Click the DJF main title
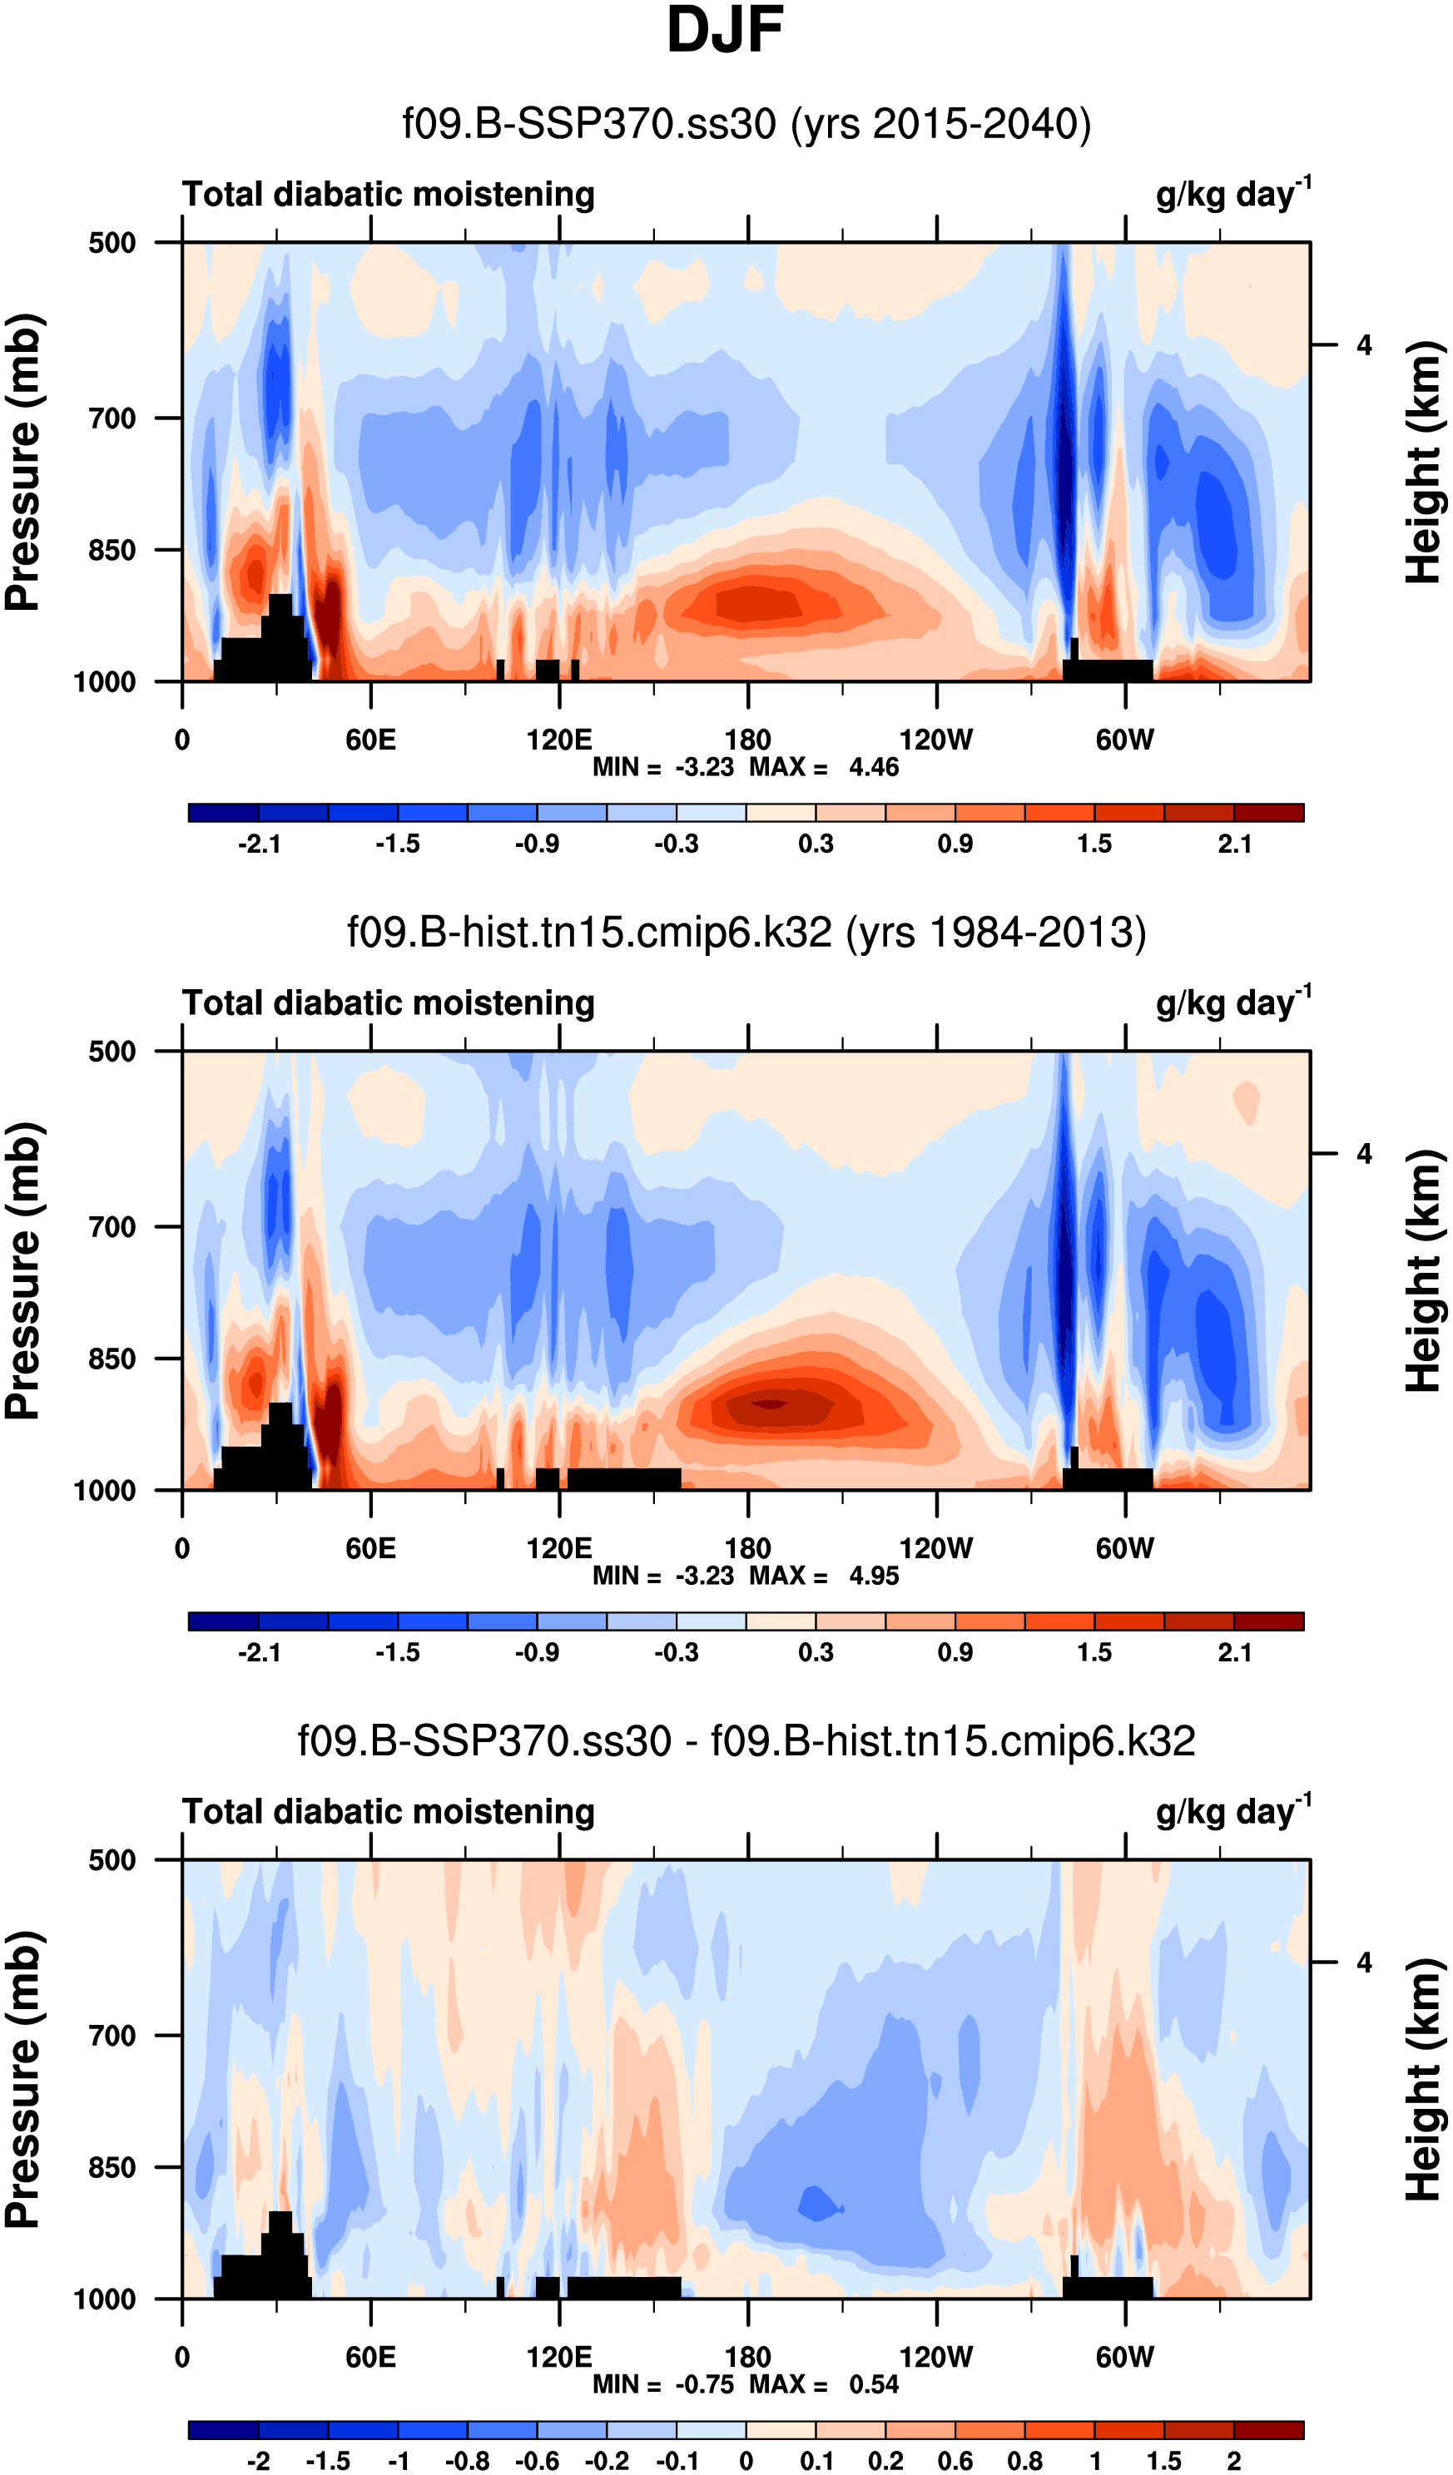click(x=725, y=32)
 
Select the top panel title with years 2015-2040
click(x=746, y=125)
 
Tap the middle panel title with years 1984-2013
click(x=746, y=932)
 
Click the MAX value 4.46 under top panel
click(x=873, y=767)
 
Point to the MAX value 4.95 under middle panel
click(x=873, y=1576)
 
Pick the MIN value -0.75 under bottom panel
click(x=704, y=2383)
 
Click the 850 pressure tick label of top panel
click(x=112, y=550)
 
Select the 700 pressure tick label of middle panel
click(x=112, y=1227)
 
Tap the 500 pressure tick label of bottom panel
click(x=112, y=1860)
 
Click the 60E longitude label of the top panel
click(x=370, y=740)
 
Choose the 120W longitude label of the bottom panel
click(x=936, y=2357)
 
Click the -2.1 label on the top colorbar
click(x=260, y=844)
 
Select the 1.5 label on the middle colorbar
click(x=1094, y=1652)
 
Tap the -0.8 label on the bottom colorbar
click(x=468, y=2461)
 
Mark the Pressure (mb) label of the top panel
click(x=23, y=462)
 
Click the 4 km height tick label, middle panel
click(x=1364, y=1154)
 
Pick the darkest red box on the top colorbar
click(x=1268, y=812)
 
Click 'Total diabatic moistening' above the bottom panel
click(x=388, y=1812)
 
